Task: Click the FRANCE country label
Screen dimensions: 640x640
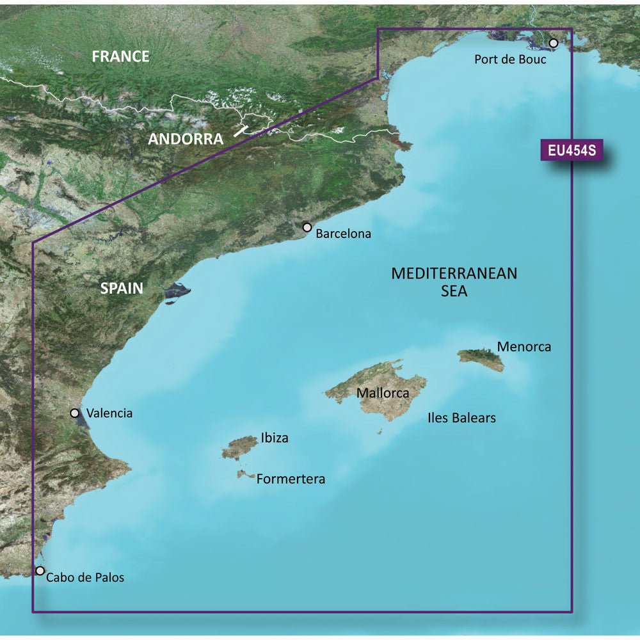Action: tap(120, 56)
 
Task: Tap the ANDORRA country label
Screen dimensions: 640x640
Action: tap(186, 139)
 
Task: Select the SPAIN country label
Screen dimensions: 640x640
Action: tap(122, 289)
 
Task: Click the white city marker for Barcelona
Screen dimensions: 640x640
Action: tap(307, 227)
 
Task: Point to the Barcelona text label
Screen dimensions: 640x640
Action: tap(344, 234)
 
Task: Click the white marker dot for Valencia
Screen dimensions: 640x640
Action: tap(75, 413)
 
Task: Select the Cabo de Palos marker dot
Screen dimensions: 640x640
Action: tap(40, 570)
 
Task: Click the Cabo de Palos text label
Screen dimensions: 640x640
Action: tap(85, 578)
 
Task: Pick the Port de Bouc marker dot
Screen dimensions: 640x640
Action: tap(554, 43)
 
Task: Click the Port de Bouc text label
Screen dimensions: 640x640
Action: tap(510, 60)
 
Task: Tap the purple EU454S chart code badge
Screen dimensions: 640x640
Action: tap(572, 151)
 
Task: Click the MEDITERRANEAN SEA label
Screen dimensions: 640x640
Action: tap(454, 282)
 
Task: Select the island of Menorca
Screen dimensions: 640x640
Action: tap(481, 359)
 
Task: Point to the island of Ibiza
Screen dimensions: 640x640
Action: tap(239, 447)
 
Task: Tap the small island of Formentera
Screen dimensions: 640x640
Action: tap(244, 474)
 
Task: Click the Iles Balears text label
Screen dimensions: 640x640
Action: tap(461, 418)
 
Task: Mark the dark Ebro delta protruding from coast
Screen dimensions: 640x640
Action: tap(176, 291)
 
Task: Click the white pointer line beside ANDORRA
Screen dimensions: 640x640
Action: tap(240, 131)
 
